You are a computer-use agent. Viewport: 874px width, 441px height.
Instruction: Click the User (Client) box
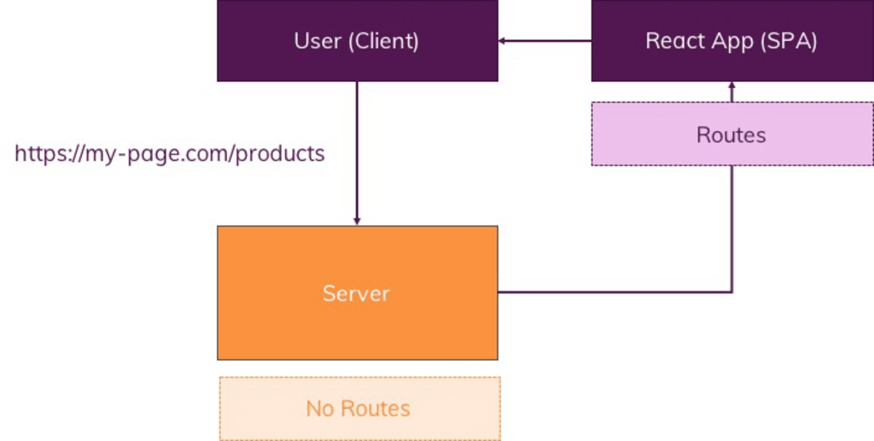click(357, 41)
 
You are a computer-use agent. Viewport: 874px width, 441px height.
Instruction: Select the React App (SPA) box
click(732, 41)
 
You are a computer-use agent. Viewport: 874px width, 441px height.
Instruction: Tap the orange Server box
click(357, 293)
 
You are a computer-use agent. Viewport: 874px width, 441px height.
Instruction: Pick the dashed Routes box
click(732, 135)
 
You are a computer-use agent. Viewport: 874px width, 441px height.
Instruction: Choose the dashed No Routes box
click(359, 408)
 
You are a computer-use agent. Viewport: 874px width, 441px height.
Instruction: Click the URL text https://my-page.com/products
click(170, 154)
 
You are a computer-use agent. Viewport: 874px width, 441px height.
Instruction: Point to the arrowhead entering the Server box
click(357, 220)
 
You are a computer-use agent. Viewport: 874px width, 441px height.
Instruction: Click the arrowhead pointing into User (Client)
click(503, 41)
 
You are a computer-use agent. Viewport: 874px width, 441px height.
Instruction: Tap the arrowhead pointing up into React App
click(732, 86)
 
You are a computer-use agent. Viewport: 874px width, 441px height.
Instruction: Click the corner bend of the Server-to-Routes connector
click(732, 293)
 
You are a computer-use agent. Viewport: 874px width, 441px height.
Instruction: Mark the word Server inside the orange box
click(356, 293)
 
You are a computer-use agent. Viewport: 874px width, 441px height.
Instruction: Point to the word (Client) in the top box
click(384, 41)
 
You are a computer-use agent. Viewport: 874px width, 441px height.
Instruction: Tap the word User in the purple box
click(318, 41)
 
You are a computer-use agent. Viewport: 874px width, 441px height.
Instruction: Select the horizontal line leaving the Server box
click(612, 293)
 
